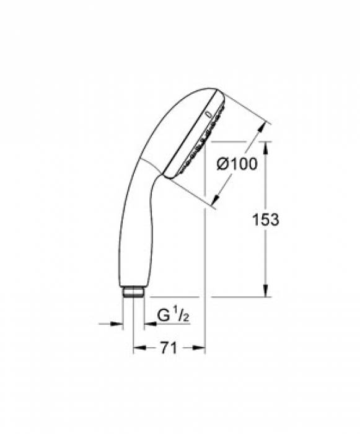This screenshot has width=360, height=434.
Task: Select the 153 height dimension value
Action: click(266, 219)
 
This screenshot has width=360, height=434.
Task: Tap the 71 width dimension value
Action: click(169, 349)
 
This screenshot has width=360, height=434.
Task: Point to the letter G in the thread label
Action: click(163, 316)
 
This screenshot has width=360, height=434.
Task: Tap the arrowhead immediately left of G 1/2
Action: click(149, 323)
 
